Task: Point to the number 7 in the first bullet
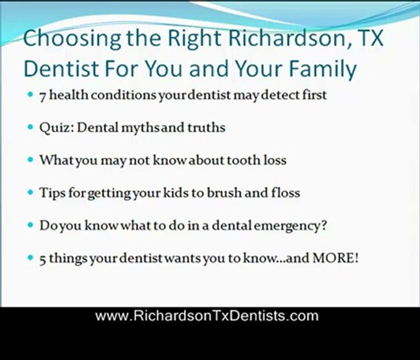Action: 43,95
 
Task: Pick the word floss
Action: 284,192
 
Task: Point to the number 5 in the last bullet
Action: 43,259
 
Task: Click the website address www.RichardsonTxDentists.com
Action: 207,316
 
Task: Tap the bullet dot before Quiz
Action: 31,127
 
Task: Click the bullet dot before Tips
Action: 31,192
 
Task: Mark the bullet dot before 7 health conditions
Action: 31,94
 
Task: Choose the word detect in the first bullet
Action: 279,95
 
